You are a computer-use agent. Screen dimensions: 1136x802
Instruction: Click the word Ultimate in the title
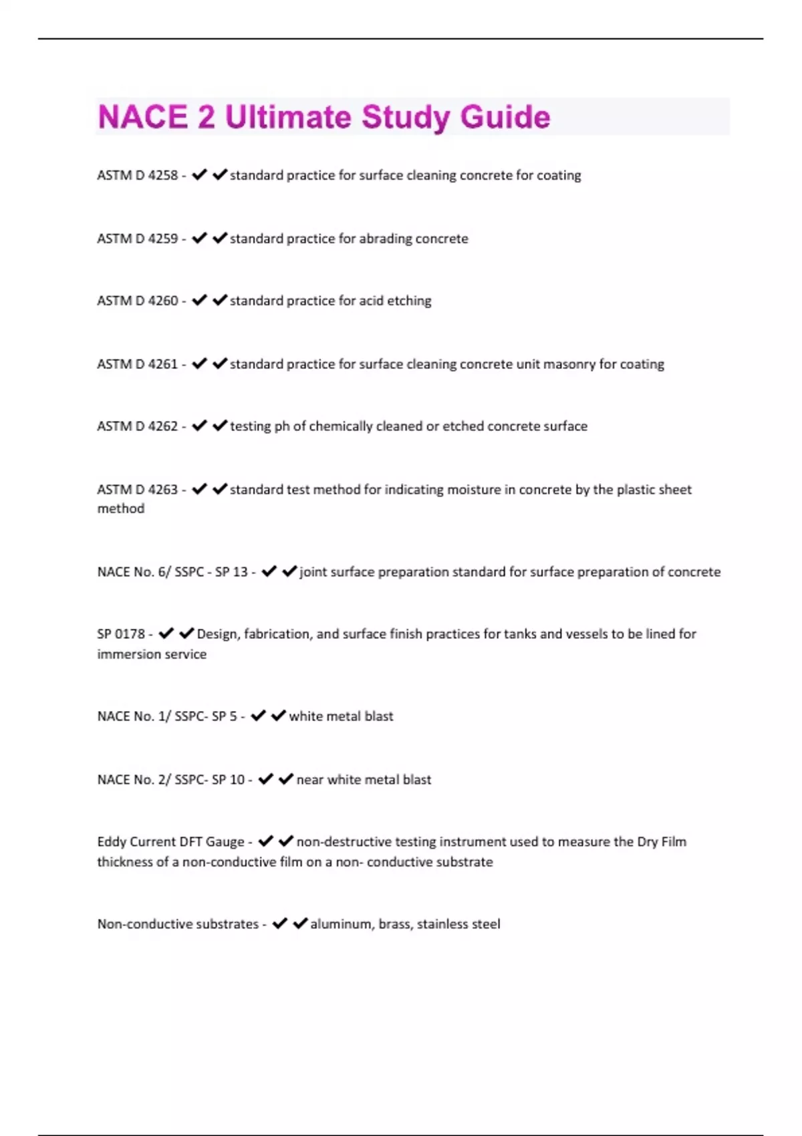(x=287, y=118)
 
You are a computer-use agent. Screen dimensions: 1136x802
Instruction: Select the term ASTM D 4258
(x=138, y=175)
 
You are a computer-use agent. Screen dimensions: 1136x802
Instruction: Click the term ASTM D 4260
(x=138, y=301)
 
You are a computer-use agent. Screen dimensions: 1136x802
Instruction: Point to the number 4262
(x=163, y=426)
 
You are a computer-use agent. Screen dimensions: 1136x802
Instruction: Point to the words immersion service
(x=152, y=654)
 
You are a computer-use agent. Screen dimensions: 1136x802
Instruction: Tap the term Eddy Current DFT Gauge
(x=170, y=842)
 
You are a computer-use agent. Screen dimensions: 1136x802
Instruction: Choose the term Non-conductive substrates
(x=178, y=924)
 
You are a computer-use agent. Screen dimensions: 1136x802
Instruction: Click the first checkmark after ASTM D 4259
(x=199, y=238)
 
